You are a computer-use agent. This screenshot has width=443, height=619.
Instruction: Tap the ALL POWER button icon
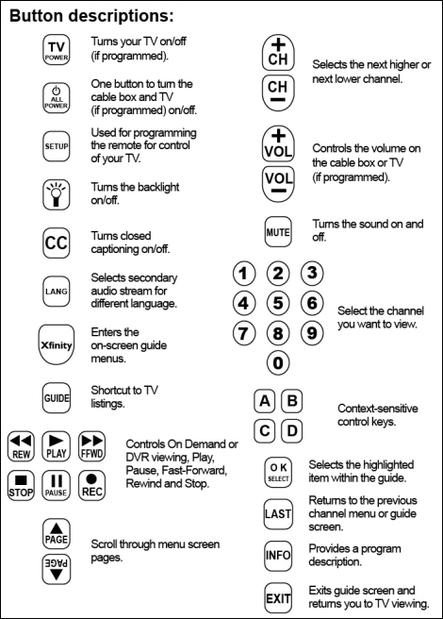click(56, 97)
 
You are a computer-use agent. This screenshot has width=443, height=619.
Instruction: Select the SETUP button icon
click(56, 147)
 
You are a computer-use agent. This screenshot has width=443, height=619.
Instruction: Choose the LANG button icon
click(56, 288)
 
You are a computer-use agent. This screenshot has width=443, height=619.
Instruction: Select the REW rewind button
click(21, 444)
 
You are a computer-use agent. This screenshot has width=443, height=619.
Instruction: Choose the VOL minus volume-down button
click(276, 179)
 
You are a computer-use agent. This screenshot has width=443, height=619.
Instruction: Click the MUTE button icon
click(276, 230)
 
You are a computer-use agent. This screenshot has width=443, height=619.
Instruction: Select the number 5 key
click(277, 304)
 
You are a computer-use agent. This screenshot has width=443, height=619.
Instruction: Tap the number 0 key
click(277, 362)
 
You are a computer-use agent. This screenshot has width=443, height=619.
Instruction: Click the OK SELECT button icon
click(277, 472)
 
